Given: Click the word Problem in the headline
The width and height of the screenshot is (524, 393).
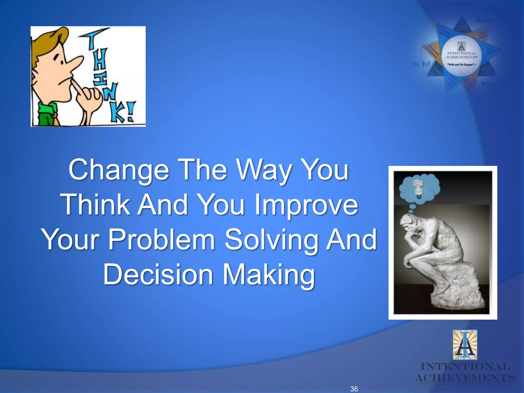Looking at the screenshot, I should pyautogui.click(x=162, y=240).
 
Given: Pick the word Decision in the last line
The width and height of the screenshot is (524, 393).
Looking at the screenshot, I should pyautogui.click(x=158, y=275).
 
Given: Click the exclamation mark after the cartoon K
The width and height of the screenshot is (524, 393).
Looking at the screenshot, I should pyautogui.click(x=130, y=111).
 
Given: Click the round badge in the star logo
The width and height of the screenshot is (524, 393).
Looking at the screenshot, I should pyautogui.click(x=462, y=56).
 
